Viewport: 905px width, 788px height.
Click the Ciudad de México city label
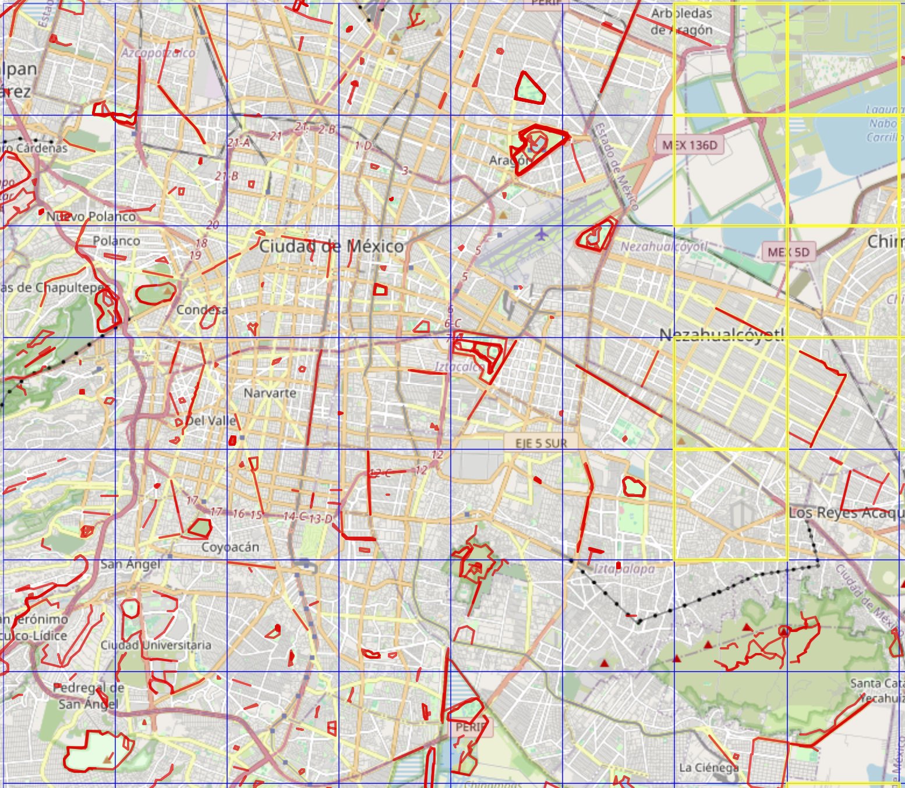331,246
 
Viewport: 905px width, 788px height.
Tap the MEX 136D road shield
690,145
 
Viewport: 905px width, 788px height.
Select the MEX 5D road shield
789,252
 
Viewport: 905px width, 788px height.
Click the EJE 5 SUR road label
541,443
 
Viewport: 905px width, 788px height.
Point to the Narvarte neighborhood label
270,393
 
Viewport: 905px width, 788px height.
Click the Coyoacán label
230,547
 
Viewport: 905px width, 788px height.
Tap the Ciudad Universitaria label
155,645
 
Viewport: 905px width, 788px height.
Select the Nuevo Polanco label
91,216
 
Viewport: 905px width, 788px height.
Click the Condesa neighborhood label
201,310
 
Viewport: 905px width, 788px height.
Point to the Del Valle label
210,420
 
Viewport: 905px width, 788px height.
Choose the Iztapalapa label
624,569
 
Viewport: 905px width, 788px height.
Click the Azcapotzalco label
158,53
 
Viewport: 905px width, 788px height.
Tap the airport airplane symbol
542,235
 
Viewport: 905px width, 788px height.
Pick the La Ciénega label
708,768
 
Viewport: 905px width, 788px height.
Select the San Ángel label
130,564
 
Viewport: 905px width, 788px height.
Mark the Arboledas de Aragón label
681,22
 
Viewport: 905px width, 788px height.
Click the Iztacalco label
459,367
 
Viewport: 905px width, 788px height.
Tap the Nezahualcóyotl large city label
722,334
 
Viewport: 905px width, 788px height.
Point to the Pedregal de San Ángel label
89,695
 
